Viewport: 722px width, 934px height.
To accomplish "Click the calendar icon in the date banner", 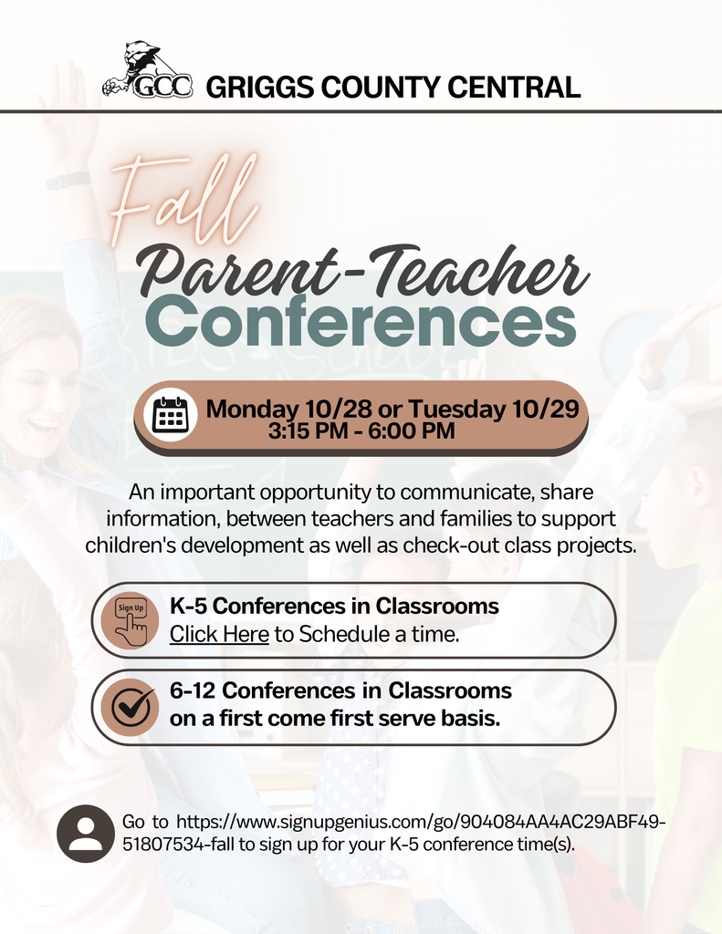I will coord(171,415).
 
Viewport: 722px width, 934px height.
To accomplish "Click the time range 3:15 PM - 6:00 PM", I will coord(361,431).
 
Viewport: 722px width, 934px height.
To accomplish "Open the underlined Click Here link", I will coord(219,633).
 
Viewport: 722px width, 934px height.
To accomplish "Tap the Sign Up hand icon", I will coord(131,620).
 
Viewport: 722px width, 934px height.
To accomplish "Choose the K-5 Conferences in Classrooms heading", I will coord(334,606).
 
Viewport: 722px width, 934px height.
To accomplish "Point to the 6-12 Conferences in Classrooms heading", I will coord(340,691).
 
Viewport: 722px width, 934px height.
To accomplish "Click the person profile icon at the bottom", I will coord(86,833).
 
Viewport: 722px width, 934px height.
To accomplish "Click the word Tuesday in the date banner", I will coord(455,409).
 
